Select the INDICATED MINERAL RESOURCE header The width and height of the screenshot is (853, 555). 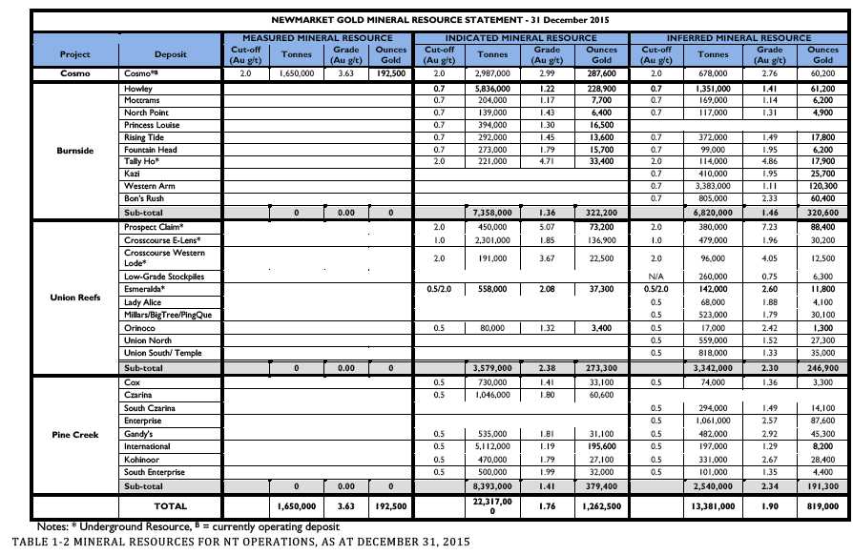[521, 36]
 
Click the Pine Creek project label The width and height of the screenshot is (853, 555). [74, 434]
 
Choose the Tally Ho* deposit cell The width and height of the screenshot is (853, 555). [141, 162]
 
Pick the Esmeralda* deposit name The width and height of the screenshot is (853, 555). [145, 286]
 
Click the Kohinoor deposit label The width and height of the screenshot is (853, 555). [143, 459]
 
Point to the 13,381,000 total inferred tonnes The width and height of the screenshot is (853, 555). [711, 506]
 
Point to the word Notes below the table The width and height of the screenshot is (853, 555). [52, 526]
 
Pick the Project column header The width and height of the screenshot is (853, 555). [74, 54]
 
